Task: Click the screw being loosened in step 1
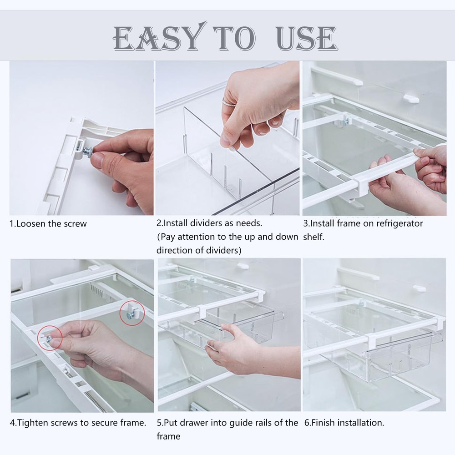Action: pos(87,150)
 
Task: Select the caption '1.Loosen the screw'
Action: pos(48,224)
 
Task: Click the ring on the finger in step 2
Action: pos(226,101)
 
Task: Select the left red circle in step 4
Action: pos(50,337)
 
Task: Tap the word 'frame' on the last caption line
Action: pos(168,437)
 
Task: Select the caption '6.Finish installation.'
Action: pos(344,423)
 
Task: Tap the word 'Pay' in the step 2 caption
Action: pos(169,237)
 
